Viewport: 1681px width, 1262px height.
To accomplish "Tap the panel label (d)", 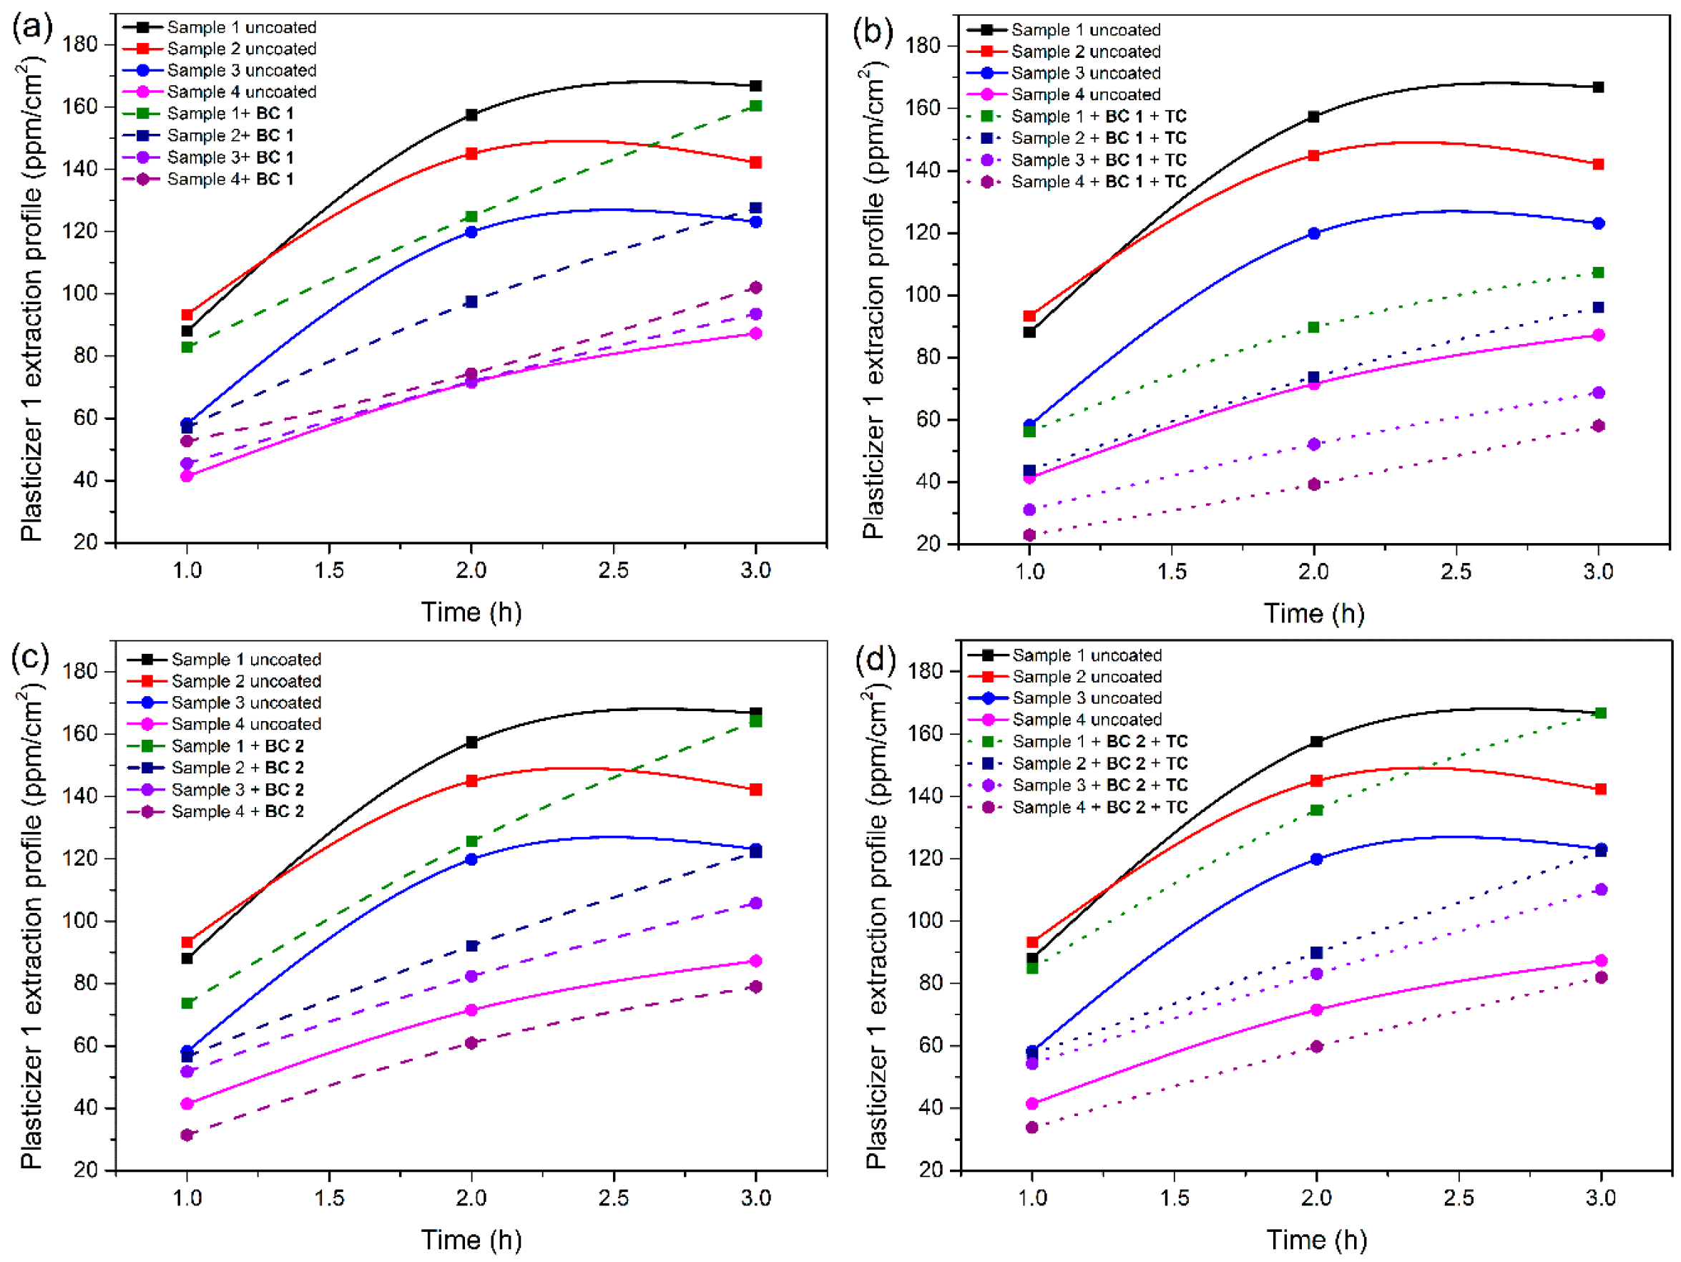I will [x=876, y=658].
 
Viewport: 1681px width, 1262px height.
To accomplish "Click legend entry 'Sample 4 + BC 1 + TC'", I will [x=1098, y=182].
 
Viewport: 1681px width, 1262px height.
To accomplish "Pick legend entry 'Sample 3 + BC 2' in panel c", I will [x=237, y=789].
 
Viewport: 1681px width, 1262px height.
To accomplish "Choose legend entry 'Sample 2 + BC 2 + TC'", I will [x=1099, y=763].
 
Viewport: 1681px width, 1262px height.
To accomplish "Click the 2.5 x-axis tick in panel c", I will [x=613, y=1198].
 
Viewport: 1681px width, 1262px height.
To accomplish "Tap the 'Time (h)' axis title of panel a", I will [x=471, y=612].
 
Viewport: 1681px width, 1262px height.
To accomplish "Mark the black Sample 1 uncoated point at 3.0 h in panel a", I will [x=755, y=86].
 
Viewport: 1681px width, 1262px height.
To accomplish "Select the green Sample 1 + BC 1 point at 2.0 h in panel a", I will [x=471, y=217].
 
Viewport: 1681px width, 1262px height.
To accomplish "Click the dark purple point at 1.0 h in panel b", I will [x=1030, y=535].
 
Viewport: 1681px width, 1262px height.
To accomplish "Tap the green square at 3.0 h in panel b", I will [x=1598, y=272].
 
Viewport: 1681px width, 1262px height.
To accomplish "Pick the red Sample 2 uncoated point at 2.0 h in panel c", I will [x=471, y=781].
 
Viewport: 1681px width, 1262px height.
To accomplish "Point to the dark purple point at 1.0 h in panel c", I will [x=187, y=1135].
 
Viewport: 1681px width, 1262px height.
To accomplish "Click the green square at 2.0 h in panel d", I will [x=1316, y=811].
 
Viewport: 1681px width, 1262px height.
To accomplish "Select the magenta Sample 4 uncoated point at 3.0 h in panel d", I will [x=1601, y=961].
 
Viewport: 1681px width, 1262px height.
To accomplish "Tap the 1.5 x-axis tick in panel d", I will [x=1174, y=1198].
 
